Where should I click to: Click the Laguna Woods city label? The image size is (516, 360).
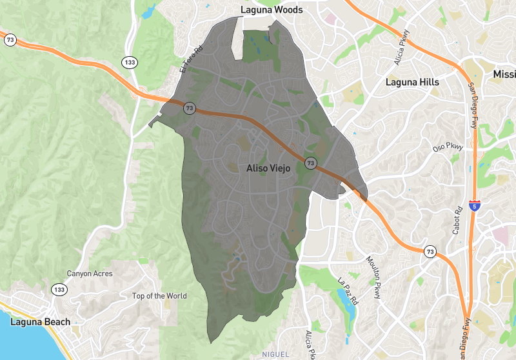tap(271, 10)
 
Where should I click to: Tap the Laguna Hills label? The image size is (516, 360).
tap(412, 82)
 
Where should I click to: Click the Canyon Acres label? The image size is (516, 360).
tap(90, 274)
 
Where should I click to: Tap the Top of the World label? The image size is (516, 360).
tap(159, 296)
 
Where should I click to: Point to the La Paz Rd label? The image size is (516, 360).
tap(347, 291)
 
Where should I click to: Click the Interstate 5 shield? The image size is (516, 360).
tap(475, 206)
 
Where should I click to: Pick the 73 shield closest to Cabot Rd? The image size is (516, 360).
tap(430, 250)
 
